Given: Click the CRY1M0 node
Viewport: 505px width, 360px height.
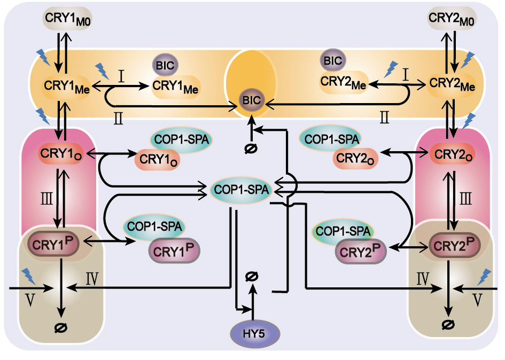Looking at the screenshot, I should tap(60, 20).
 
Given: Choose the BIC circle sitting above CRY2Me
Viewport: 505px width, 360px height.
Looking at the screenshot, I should tap(332, 60).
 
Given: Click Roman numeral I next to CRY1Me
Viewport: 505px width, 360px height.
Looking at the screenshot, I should tap(122, 76).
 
